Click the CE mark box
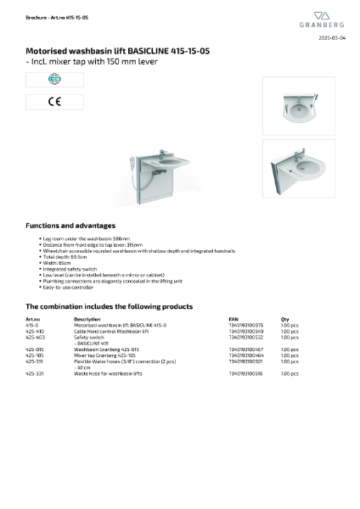(42, 102)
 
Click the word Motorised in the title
(46, 51)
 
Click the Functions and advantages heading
(70, 226)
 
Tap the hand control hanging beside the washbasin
(131, 160)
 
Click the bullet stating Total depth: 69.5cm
(65, 257)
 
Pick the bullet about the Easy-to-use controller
(69, 287)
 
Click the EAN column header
(234, 319)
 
